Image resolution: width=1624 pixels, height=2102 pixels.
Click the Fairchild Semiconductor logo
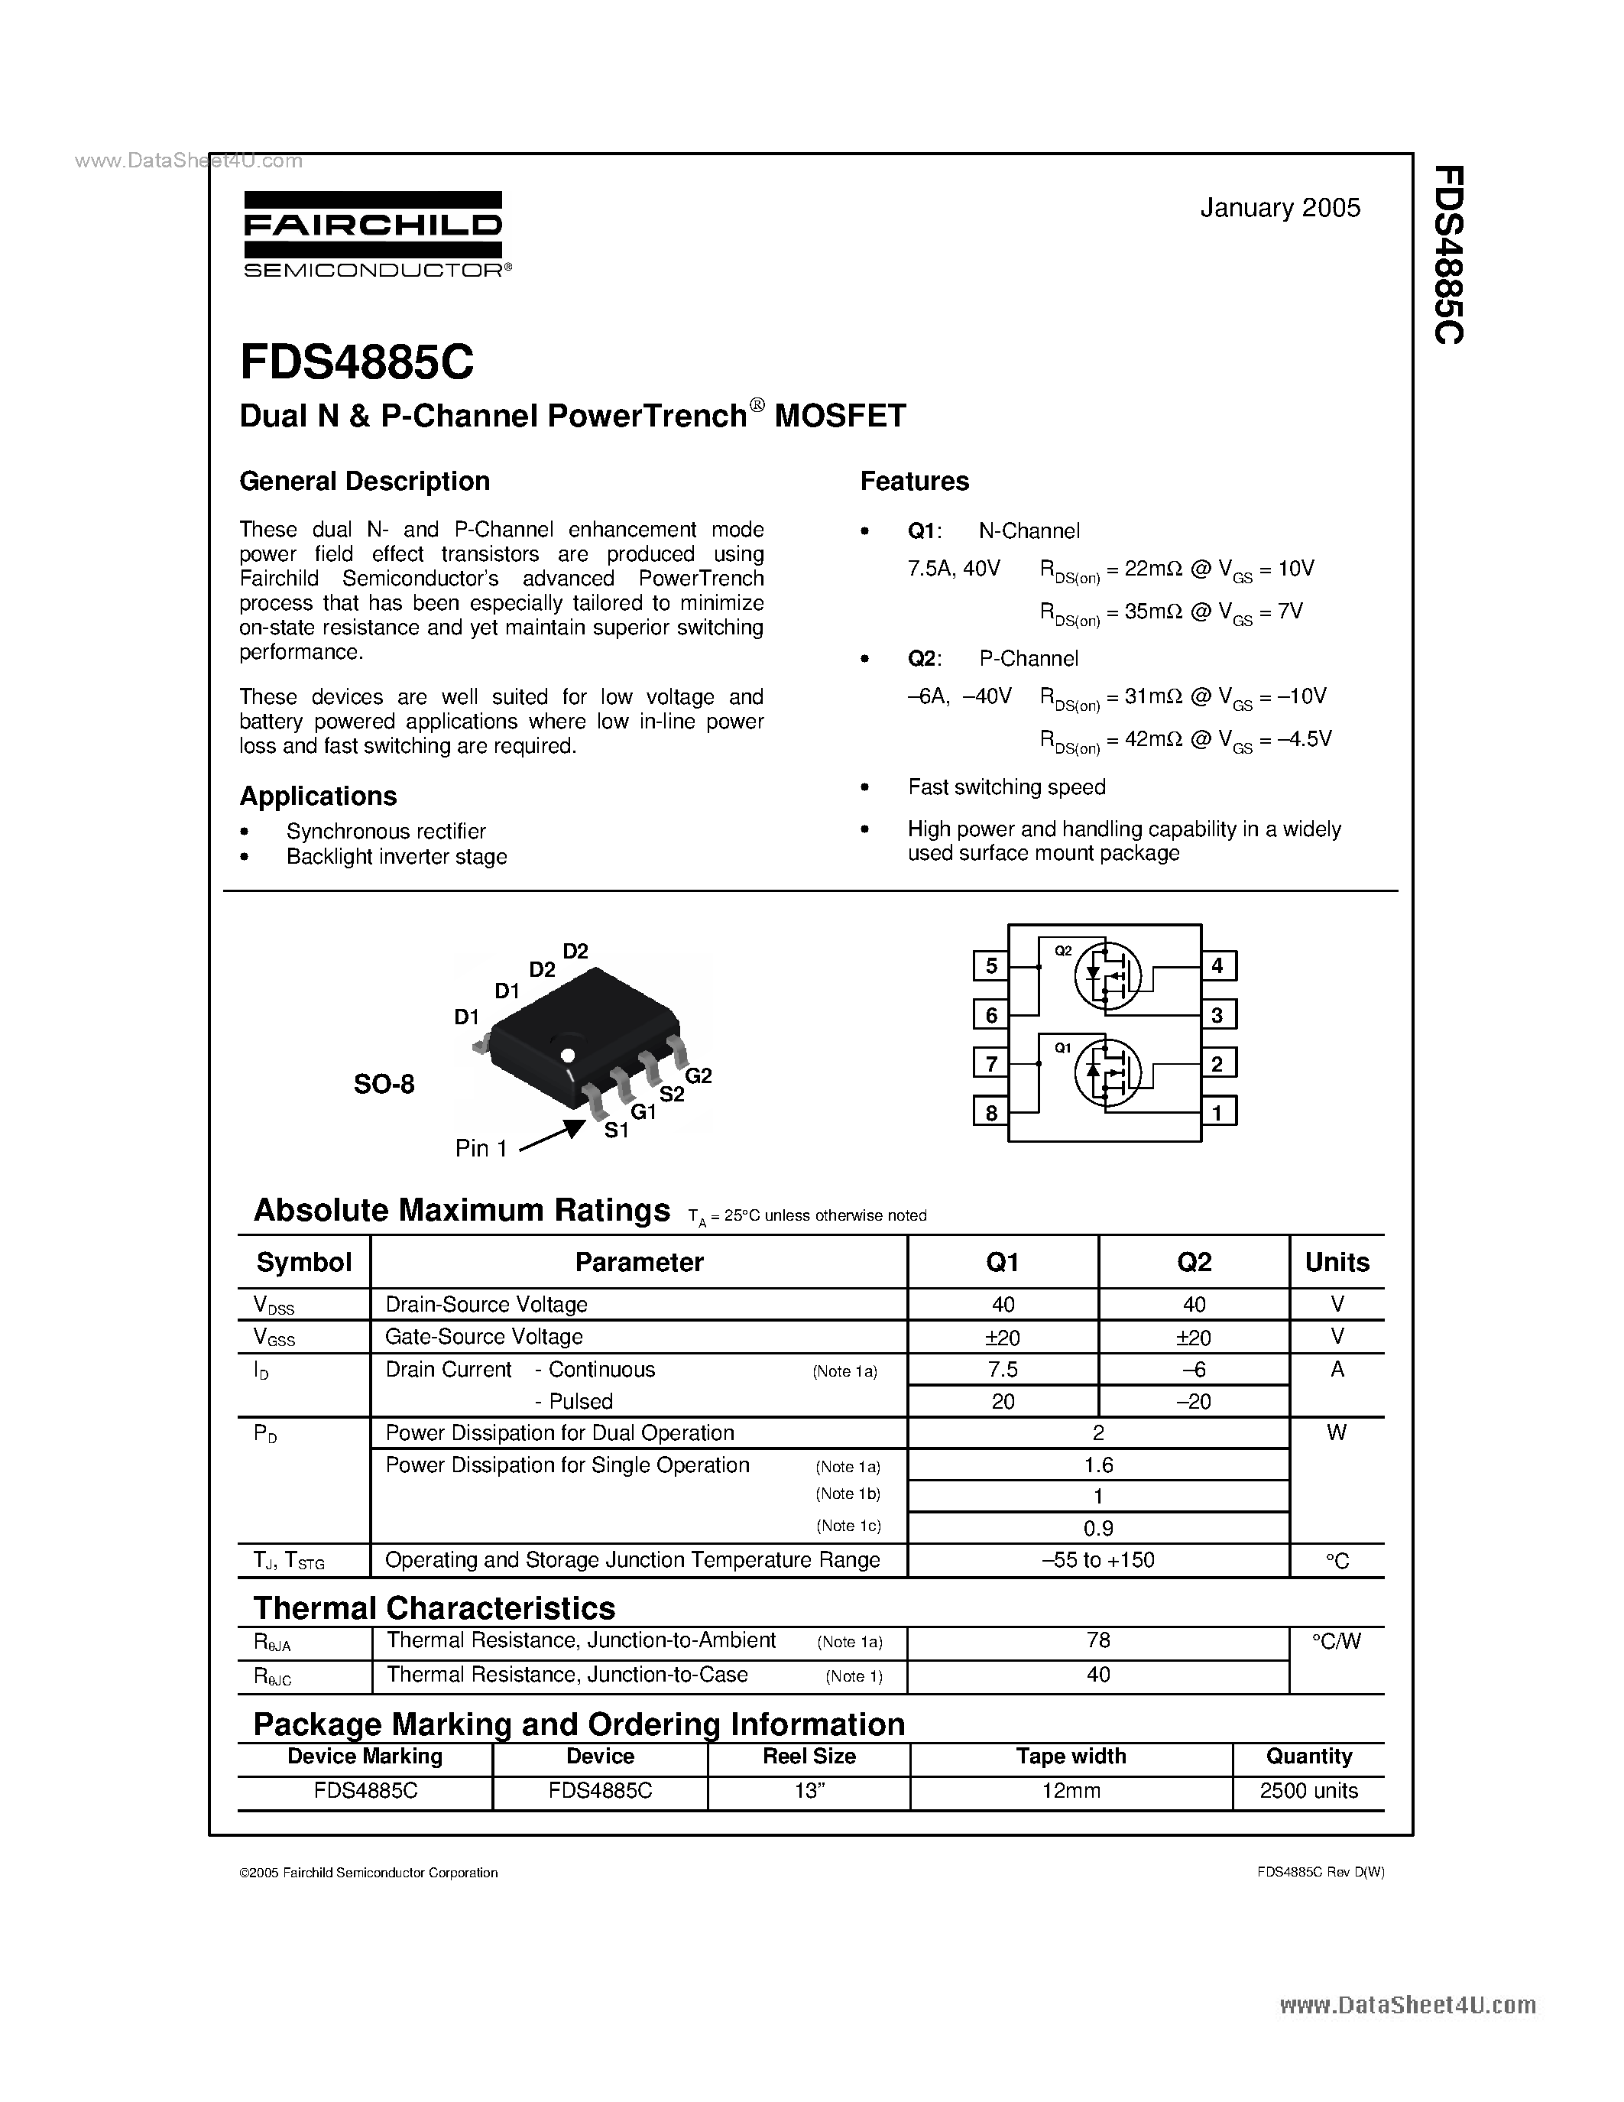point(374,235)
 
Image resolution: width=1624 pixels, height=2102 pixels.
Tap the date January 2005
point(1279,208)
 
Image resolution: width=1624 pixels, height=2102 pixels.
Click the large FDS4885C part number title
point(357,364)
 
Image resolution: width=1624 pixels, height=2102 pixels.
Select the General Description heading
point(364,482)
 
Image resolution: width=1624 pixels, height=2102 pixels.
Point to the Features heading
point(914,482)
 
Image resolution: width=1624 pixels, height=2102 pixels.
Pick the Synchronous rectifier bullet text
point(386,831)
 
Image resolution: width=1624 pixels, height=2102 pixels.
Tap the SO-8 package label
point(384,1084)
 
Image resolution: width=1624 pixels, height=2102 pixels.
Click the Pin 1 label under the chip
point(481,1148)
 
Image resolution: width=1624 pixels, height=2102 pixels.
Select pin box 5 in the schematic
point(991,965)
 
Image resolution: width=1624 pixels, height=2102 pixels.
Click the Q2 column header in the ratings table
point(1194,1262)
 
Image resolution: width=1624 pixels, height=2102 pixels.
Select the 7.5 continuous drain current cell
point(1003,1370)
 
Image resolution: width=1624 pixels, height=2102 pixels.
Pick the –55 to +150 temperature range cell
point(1097,1560)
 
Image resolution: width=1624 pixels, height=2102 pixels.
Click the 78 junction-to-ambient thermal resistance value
point(1097,1641)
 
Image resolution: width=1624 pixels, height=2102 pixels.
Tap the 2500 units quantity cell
point(1308,1791)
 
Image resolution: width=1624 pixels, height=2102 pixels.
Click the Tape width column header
point(1071,1757)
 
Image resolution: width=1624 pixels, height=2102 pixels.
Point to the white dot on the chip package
point(566,1054)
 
